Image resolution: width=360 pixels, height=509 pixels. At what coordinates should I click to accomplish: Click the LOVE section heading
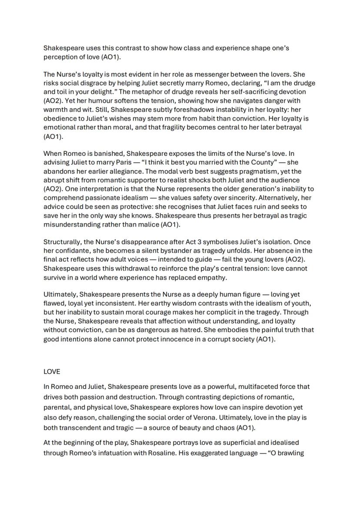coord(52,372)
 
